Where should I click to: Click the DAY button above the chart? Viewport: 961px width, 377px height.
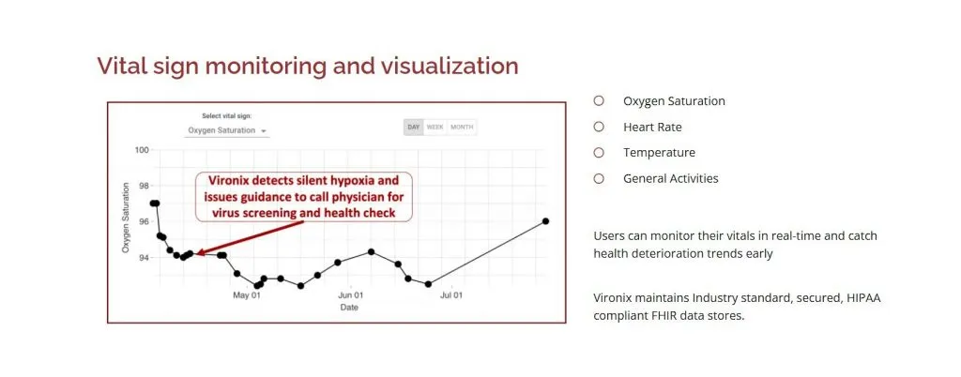pos(413,127)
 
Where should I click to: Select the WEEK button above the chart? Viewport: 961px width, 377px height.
pos(435,127)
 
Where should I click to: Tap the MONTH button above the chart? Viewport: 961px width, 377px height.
pos(462,127)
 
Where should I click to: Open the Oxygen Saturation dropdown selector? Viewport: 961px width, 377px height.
pos(227,130)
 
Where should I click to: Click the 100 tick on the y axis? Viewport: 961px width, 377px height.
pos(142,150)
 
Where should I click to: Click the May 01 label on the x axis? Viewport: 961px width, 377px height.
pos(247,294)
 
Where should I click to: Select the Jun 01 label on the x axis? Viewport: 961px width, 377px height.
pos(350,294)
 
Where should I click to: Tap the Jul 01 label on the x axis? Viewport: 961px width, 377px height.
pos(452,294)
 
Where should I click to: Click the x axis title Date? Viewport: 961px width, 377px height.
pos(348,307)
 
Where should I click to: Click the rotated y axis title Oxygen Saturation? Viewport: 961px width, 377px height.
pos(125,217)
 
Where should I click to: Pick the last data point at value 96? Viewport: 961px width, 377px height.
pos(545,221)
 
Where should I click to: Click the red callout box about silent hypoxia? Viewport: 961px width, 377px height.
pos(303,196)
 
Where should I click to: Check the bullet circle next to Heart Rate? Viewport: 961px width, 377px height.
pos(599,127)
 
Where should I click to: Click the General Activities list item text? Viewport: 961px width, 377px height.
pos(670,178)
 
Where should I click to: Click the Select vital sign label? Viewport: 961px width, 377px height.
pos(226,116)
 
